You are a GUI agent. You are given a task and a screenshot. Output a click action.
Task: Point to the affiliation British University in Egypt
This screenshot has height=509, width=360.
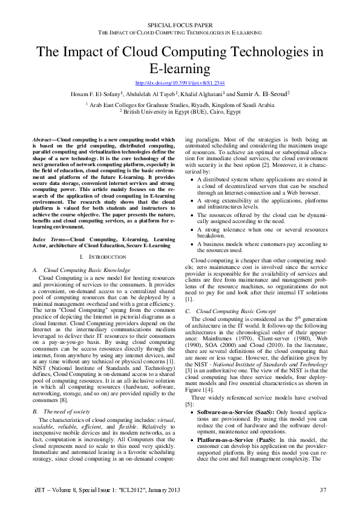(180, 112)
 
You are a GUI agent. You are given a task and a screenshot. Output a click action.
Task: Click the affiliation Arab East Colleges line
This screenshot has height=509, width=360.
(180, 105)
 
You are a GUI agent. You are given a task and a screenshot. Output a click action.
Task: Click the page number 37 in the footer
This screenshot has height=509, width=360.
(323, 489)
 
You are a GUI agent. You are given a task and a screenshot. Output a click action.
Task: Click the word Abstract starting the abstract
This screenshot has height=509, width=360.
(42, 138)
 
